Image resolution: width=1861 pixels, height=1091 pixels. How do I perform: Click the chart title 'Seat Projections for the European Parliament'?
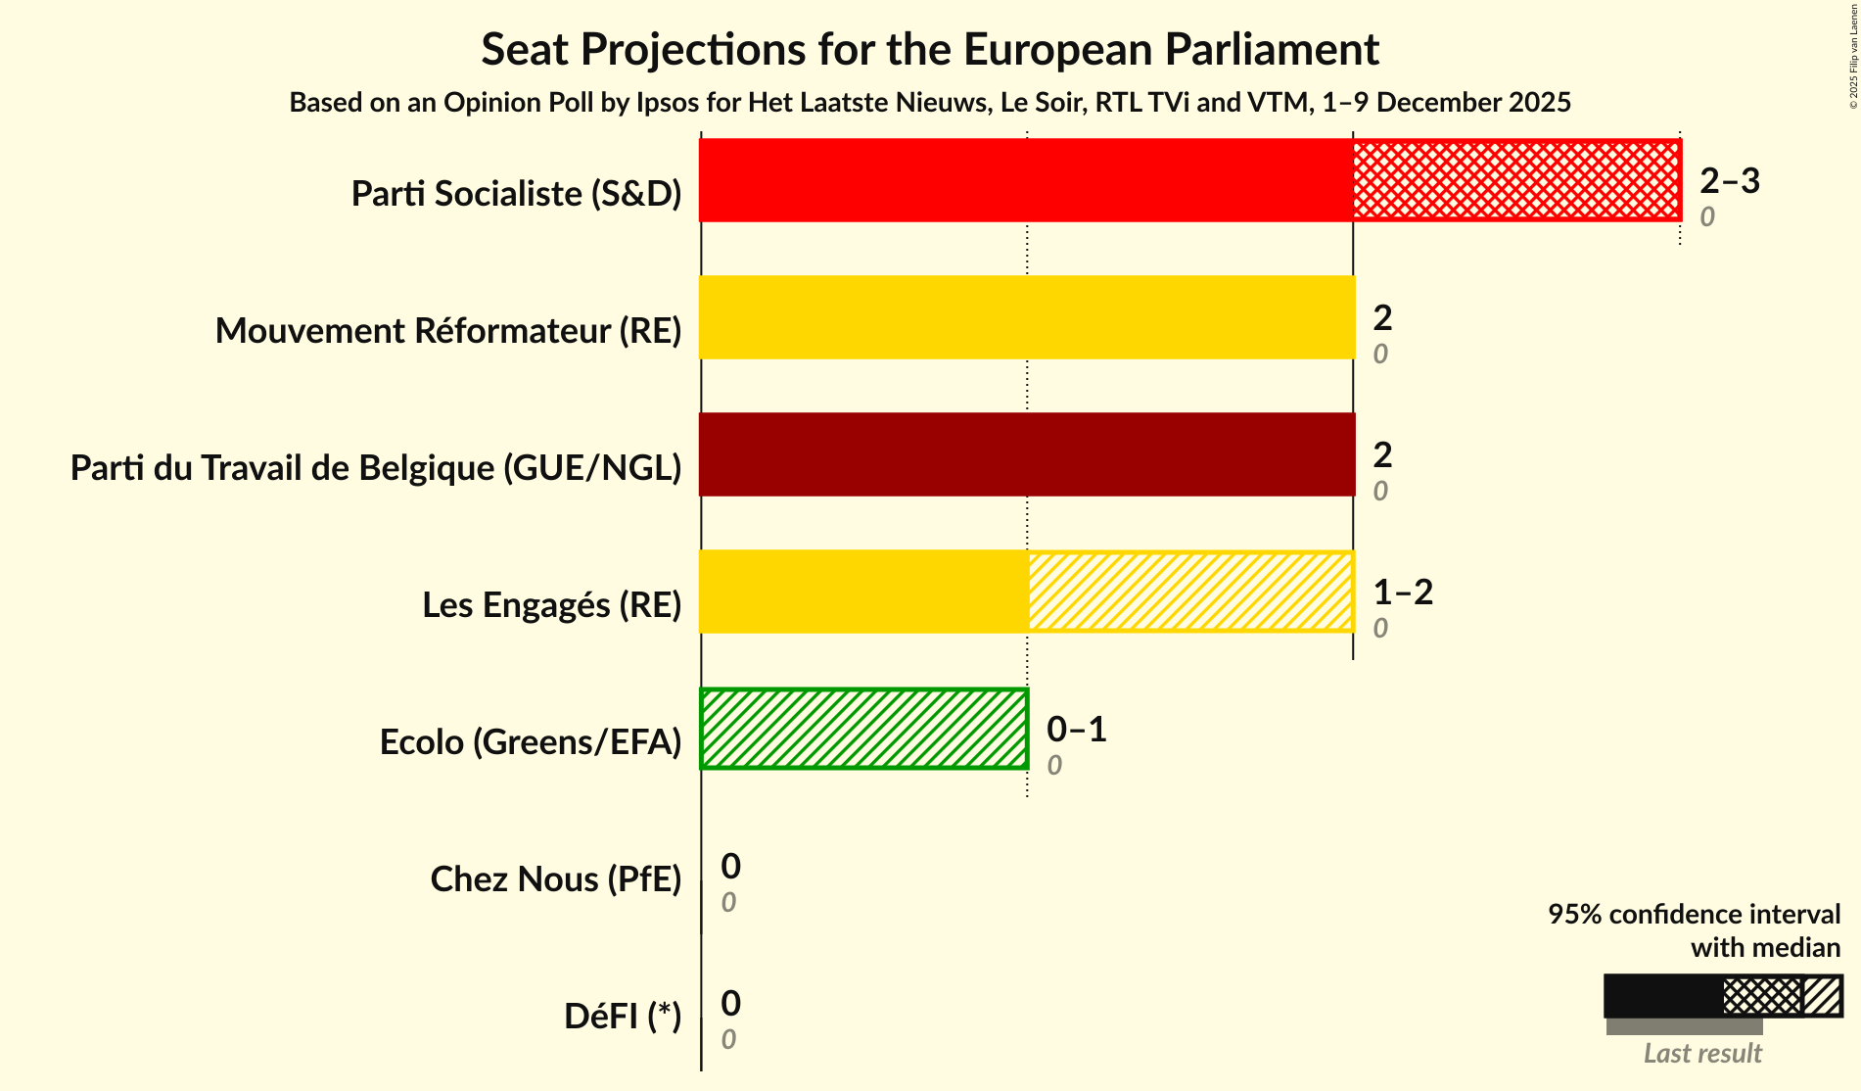coord(929,50)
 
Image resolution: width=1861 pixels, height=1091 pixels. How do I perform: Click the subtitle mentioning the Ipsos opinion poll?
coord(929,103)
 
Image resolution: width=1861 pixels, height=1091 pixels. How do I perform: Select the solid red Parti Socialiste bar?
coord(1026,180)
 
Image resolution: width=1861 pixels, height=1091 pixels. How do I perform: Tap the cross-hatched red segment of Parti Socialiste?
coord(1515,180)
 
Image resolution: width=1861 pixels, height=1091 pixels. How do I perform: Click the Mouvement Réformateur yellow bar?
coord(1026,317)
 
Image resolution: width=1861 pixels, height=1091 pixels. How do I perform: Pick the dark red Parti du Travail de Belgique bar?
coord(1026,454)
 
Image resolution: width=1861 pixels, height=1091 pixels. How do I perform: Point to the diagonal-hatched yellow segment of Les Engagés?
coord(1189,592)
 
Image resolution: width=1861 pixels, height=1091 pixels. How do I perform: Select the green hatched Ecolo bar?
coord(863,729)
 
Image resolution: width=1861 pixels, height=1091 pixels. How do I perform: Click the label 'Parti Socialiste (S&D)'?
coord(516,194)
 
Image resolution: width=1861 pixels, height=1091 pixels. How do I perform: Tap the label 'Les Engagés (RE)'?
coord(551,605)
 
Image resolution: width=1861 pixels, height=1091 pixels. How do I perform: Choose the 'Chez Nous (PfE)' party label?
coord(555,879)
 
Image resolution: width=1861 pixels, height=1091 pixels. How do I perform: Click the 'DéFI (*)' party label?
coord(622,1017)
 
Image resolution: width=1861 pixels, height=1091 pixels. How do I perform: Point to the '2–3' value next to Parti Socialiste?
coord(1729,181)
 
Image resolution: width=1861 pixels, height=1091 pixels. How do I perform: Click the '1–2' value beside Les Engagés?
coord(1402,593)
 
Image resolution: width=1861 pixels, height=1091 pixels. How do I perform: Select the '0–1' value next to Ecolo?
coord(1076,730)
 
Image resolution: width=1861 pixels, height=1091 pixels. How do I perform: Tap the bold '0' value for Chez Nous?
coord(730,867)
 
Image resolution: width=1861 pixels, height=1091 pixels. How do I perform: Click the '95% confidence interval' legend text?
coord(1693,915)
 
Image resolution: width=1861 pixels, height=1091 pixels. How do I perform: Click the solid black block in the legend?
coord(1662,996)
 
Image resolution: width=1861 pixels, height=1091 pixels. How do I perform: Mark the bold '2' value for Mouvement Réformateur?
coord(1381,318)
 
